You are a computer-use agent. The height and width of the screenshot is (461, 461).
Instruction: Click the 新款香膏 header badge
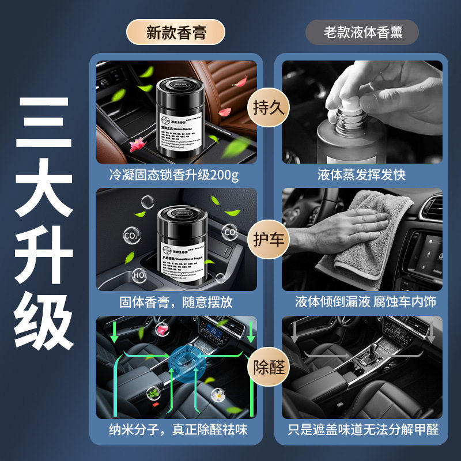175,33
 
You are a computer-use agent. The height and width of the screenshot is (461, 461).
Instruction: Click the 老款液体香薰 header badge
362,33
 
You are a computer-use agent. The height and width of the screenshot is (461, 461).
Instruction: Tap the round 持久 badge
269,108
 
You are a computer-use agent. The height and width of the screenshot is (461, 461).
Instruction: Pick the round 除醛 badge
269,367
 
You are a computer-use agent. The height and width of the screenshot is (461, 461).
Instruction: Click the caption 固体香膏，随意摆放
175,302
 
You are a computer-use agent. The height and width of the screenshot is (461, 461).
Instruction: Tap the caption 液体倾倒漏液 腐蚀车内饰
362,302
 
